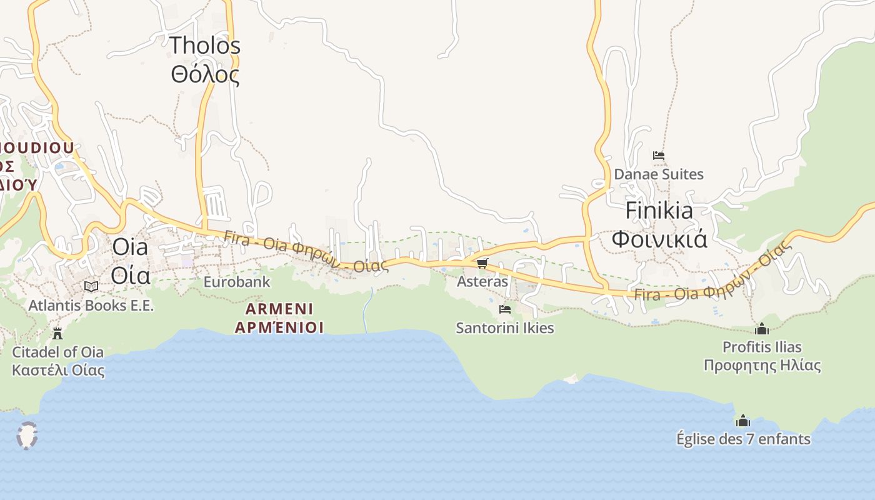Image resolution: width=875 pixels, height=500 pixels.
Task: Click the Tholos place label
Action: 205,45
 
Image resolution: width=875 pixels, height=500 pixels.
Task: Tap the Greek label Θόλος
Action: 205,74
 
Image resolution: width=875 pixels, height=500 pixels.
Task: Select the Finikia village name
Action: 659,211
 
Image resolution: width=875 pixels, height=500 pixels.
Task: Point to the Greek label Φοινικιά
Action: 659,239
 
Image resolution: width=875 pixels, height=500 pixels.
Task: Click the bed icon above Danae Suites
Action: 658,156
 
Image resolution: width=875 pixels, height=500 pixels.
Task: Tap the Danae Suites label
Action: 659,174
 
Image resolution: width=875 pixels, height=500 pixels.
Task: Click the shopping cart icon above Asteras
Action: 482,264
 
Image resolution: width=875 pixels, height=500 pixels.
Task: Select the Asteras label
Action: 482,281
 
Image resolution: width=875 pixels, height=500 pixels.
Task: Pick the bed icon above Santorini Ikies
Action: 505,309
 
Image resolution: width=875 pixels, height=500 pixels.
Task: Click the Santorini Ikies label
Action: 505,327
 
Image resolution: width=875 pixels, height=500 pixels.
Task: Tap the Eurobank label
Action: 237,282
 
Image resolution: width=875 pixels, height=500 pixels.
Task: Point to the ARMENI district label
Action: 279,309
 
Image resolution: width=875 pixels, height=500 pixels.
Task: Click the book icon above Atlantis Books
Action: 91,286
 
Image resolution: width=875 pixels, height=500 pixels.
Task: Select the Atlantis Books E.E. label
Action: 91,306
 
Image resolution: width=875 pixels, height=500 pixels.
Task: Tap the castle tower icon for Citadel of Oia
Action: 57,333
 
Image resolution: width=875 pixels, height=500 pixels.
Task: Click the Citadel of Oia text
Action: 58,352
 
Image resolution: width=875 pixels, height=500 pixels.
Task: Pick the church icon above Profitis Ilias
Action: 762,329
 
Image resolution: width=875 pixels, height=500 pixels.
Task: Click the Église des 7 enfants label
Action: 743,439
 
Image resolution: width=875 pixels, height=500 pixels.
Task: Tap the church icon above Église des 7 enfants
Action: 743,421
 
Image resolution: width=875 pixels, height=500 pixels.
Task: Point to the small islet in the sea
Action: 27,436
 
